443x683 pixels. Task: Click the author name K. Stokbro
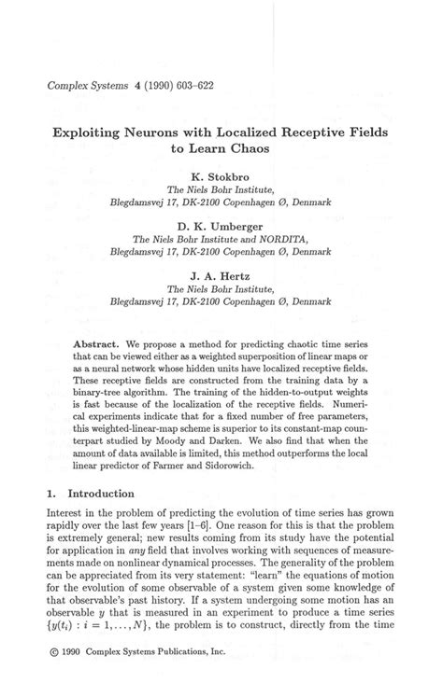tap(222, 174)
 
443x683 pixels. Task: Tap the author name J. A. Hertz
tap(222, 276)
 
